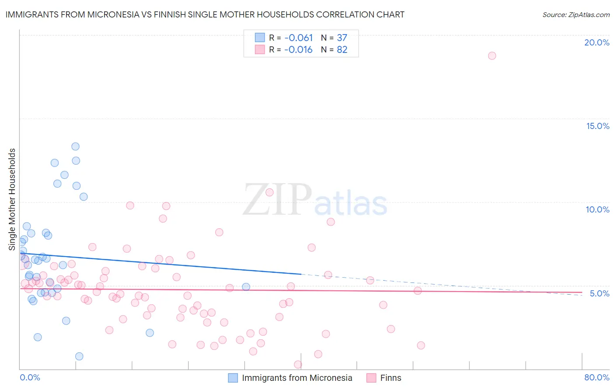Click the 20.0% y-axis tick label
[x=597, y=42]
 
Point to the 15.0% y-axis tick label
[x=598, y=126]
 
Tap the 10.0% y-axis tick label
[x=598, y=209]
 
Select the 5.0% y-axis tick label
[x=599, y=293]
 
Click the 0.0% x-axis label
[x=30, y=377]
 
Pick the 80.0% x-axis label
[x=597, y=377]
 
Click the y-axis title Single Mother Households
[x=12, y=199]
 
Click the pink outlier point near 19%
[x=492, y=56]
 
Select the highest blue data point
[x=75, y=146]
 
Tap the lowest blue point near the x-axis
[x=79, y=356]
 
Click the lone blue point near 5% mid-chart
[x=246, y=287]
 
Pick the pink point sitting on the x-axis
[x=298, y=364]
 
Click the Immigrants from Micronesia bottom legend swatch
[x=233, y=378]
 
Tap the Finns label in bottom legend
[x=391, y=378]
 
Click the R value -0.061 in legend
[x=298, y=38]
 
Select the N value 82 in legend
[x=342, y=50]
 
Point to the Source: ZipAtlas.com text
[x=576, y=14]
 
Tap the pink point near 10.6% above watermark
[x=269, y=192]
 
